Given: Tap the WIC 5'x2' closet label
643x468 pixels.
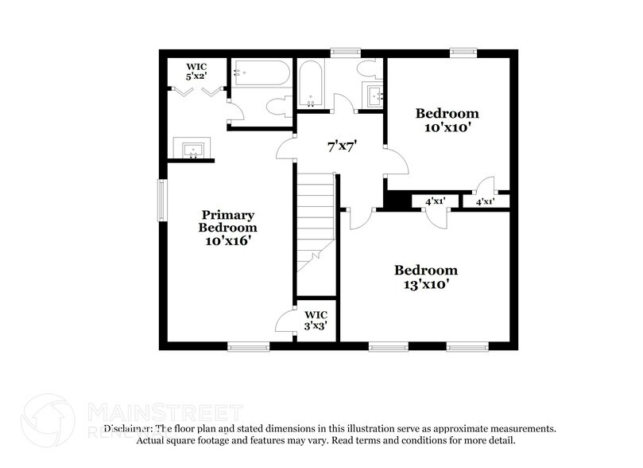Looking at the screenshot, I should [196, 71].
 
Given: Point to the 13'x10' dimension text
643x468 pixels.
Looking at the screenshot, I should [426, 283].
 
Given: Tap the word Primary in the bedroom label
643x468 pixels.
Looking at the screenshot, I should [227, 215].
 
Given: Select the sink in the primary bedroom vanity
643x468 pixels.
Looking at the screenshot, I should [192, 149].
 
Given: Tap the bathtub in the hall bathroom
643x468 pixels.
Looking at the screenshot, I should [310, 84].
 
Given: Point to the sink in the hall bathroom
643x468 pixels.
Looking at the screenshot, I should [373, 96].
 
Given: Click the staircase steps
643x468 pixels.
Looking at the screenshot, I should [316, 219].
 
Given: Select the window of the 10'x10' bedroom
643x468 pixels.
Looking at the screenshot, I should [463, 53].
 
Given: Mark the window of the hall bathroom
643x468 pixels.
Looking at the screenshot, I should [345, 53].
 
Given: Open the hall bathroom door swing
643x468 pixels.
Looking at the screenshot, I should [343, 103].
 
